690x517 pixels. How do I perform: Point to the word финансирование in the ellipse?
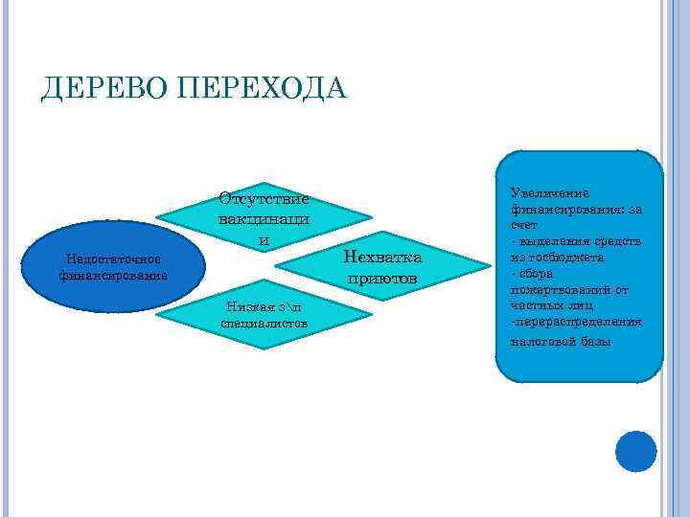click(x=112, y=276)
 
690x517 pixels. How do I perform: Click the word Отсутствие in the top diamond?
click(x=264, y=199)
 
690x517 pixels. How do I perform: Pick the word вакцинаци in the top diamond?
click(x=264, y=219)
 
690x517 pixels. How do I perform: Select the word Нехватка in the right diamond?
click(x=381, y=259)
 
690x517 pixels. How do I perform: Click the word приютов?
click(x=381, y=279)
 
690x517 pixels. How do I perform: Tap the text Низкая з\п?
click(x=264, y=306)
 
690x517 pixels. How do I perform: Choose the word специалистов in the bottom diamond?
click(x=264, y=324)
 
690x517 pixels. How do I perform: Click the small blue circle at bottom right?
click(x=636, y=451)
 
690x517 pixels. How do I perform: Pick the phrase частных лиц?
click(x=551, y=305)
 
